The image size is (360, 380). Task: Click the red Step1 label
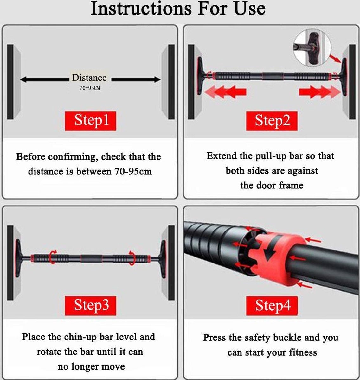(91, 121)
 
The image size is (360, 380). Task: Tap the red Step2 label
(272, 121)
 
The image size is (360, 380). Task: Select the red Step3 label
(91, 305)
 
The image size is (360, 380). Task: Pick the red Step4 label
(272, 305)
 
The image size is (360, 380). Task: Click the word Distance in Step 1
(89, 78)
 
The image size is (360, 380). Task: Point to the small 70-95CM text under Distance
(89, 88)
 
